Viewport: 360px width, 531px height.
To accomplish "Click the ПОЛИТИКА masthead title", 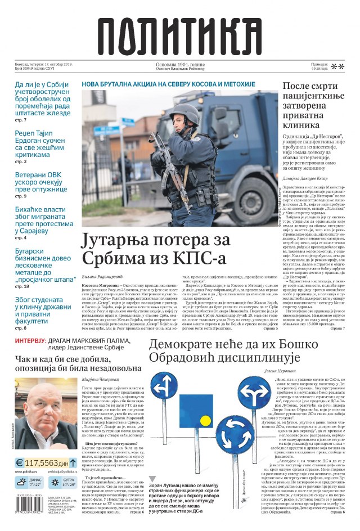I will (x=180, y=34).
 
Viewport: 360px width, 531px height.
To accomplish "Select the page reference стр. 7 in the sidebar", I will (x=20, y=120).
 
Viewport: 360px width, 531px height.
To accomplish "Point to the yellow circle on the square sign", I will (x=206, y=420).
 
